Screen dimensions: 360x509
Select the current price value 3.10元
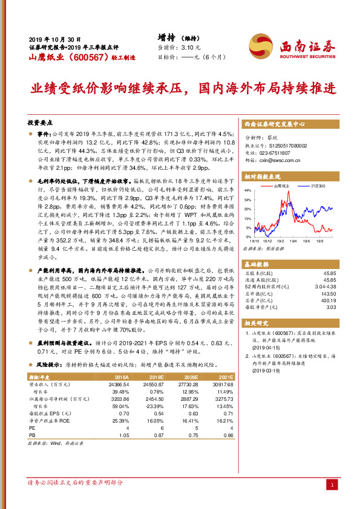189,47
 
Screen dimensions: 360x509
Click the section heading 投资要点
42,122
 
